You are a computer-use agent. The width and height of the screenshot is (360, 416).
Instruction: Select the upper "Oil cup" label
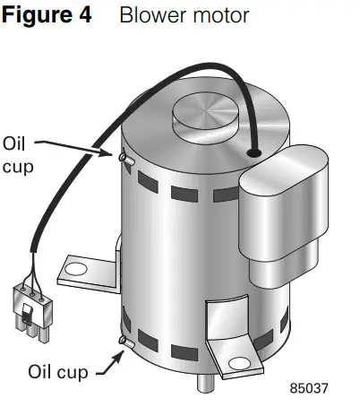coord(19,154)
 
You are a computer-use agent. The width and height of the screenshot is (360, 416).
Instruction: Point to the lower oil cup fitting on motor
coord(124,342)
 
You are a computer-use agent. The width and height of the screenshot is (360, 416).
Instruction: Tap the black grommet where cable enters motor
coord(257,154)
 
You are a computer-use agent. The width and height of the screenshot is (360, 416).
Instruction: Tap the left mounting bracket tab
coord(86,266)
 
